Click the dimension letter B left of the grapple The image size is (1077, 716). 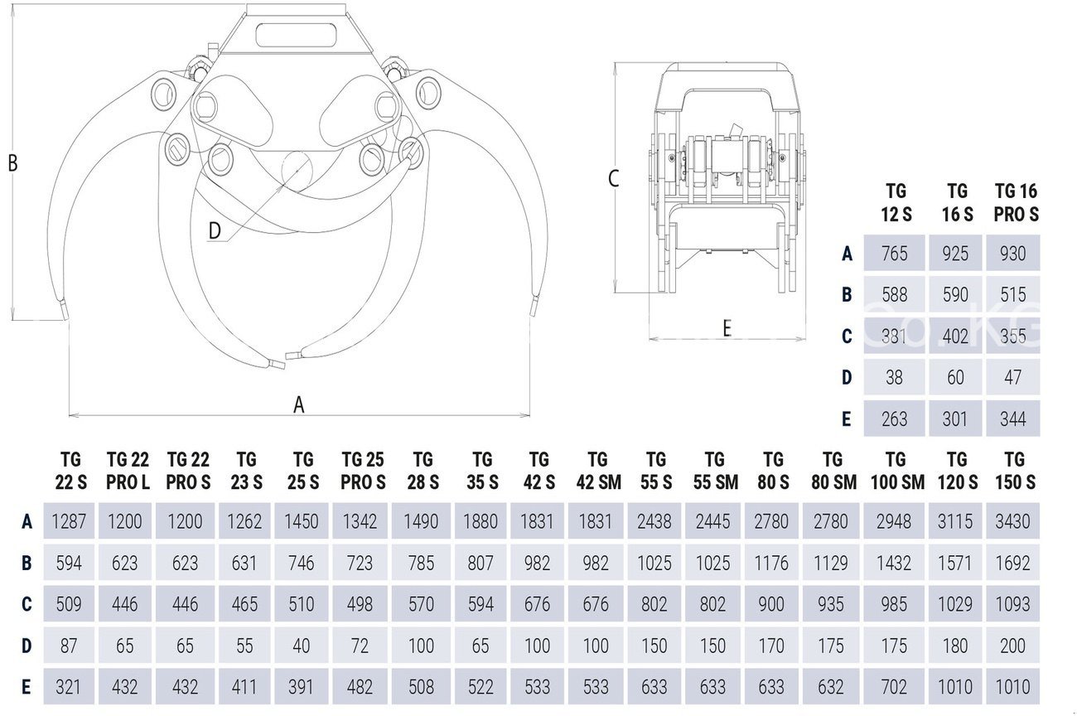tap(12, 163)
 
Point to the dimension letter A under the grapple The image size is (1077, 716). tap(299, 404)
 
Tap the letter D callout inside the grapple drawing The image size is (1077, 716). tap(215, 231)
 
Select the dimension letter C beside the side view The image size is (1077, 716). tap(614, 178)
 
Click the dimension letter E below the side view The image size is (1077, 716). tap(727, 329)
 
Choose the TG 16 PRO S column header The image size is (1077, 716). tap(1016, 202)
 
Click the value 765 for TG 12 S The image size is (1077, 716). tap(895, 254)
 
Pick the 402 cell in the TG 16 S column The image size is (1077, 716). tap(955, 336)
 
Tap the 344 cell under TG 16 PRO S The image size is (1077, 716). tap(1013, 418)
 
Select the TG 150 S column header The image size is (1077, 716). tap(1014, 471)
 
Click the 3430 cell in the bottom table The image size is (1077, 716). tap(1013, 521)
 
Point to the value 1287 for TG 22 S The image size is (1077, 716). tap(69, 521)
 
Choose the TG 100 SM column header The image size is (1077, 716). tap(895, 471)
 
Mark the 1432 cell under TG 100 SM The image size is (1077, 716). tap(895, 563)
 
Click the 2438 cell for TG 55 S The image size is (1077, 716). tap(654, 521)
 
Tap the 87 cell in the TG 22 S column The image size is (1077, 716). tap(69, 646)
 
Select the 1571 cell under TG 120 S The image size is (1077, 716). tap(955, 563)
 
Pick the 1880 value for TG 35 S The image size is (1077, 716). tap(481, 521)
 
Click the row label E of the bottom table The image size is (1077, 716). tap(27, 687)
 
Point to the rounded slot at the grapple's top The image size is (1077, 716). tap(295, 35)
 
